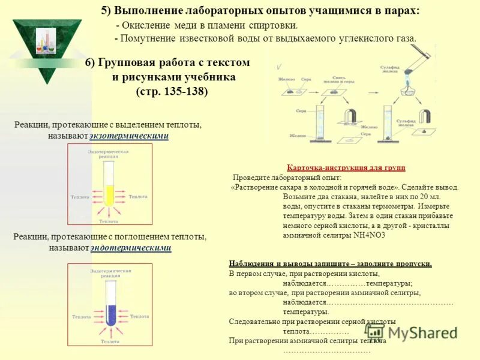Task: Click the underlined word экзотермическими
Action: click(x=129, y=136)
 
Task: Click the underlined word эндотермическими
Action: click(x=131, y=248)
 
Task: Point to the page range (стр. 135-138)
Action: click(x=172, y=92)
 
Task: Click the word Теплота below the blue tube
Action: click(x=110, y=341)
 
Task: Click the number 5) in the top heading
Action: click(x=106, y=11)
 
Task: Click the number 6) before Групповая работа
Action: click(x=91, y=63)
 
